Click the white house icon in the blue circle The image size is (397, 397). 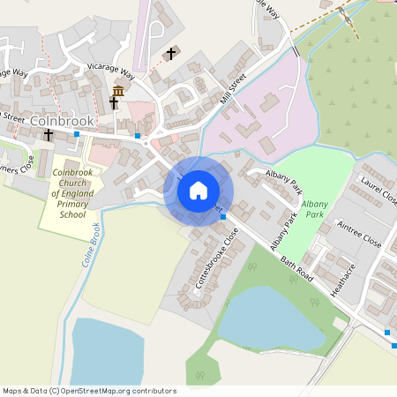(x=198, y=191)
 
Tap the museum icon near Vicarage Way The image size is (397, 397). (x=117, y=91)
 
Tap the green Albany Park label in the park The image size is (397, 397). (x=316, y=209)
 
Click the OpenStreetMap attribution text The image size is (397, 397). (x=88, y=391)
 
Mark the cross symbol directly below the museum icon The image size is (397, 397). (x=114, y=104)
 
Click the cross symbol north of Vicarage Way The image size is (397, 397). (x=171, y=54)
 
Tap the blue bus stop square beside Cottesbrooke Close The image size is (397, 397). (x=222, y=215)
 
